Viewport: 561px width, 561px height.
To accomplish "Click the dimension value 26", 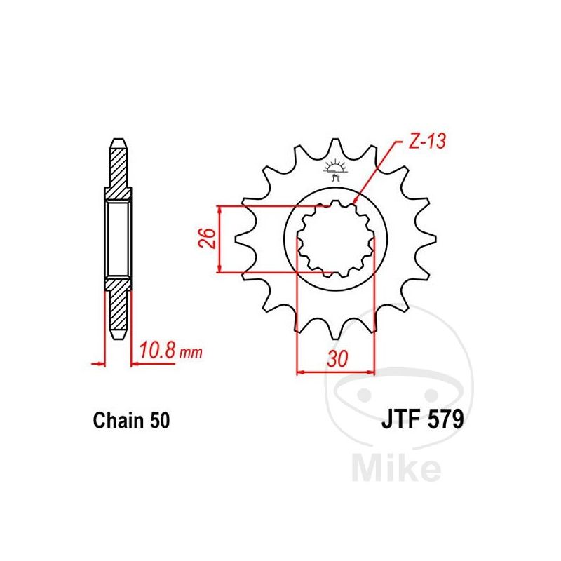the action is (207, 238).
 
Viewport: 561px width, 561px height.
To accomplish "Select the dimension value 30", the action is (337, 358).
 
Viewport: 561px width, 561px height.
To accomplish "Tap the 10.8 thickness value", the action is (157, 350).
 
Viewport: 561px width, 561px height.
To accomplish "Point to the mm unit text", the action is (191, 353).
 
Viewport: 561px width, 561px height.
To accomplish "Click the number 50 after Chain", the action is (160, 420).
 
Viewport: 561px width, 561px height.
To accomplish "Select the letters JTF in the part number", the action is (400, 419).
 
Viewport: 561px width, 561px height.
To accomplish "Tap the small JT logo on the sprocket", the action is (336, 170).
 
